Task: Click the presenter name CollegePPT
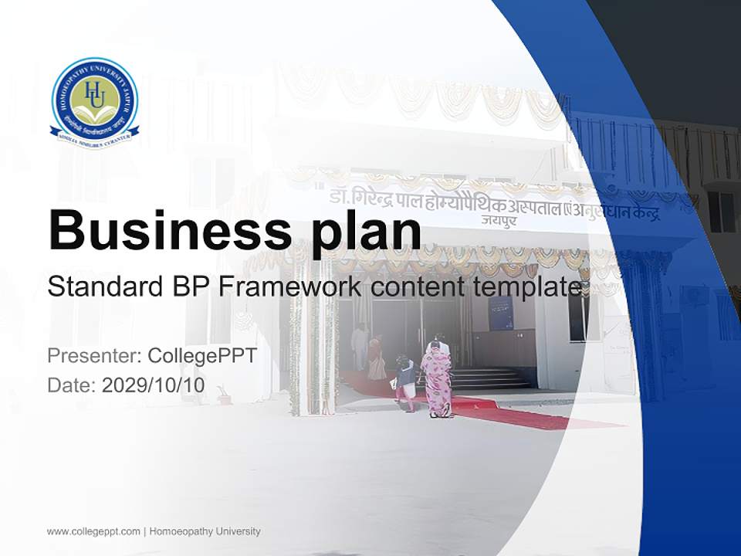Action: click(x=201, y=356)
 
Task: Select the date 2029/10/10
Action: click(x=154, y=385)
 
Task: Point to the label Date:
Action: click(x=72, y=385)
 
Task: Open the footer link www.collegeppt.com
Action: click(x=93, y=531)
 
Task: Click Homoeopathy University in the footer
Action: click(x=205, y=531)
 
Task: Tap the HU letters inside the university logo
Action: click(x=94, y=94)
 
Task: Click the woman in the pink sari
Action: click(x=438, y=380)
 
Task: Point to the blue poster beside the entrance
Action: click(x=501, y=313)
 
